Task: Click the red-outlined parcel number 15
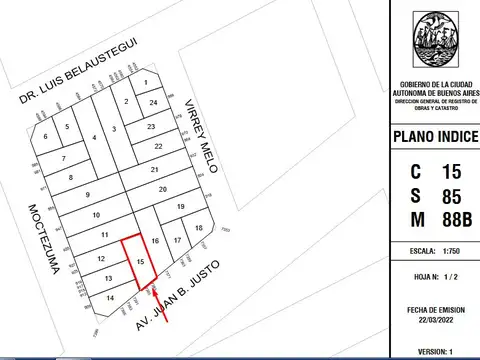point(141,262)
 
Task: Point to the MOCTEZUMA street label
point(45,240)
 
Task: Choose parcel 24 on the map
point(153,103)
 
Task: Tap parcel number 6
point(45,136)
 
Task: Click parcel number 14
point(110,298)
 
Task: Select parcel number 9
point(87,195)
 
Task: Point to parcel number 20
point(162,188)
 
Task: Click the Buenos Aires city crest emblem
point(432,41)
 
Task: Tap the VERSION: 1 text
point(432,351)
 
